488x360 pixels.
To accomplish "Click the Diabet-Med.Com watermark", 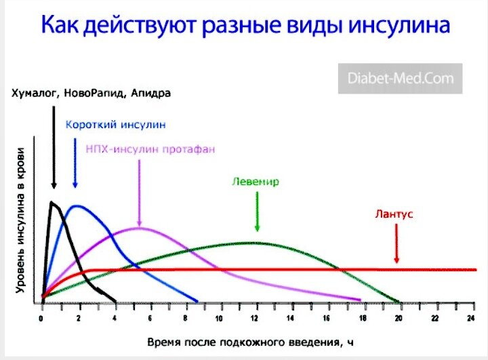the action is [x=401, y=79].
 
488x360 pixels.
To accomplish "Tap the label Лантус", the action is [x=394, y=214].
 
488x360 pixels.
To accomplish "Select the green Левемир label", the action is [x=256, y=182].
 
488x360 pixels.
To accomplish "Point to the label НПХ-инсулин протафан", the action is [x=150, y=149].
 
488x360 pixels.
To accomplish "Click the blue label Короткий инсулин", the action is [x=115, y=125].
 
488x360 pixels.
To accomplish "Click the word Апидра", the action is [x=150, y=94].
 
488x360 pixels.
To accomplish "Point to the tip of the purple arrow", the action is [x=140, y=226].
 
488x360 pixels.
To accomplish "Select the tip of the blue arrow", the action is [x=75, y=188].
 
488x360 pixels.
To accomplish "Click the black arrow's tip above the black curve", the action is [x=54, y=188].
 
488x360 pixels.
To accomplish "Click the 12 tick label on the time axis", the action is [x=255, y=318].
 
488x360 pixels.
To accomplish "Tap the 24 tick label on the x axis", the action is [x=471, y=318].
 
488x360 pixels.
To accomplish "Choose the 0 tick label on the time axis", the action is [x=41, y=318].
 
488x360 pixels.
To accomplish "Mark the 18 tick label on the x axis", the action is [x=363, y=318].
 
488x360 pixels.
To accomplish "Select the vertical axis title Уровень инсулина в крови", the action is [x=20, y=220].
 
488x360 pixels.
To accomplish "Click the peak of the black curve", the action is [x=52, y=202].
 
